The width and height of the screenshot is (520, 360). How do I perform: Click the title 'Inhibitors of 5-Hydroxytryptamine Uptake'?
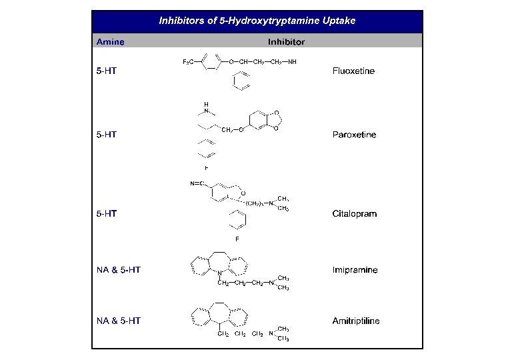pos(257,21)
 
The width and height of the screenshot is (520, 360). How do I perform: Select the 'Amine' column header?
pos(110,42)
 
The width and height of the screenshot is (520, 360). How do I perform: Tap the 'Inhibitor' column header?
pos(287,42)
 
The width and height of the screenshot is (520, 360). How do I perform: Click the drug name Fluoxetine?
pos(353,71)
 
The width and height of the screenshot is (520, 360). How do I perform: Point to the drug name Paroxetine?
pos(354,135)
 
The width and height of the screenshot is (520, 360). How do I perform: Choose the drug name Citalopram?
pos(354,214)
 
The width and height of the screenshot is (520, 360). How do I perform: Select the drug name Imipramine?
pos(355,270)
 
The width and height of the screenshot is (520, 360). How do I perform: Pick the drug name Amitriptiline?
pos(356,321)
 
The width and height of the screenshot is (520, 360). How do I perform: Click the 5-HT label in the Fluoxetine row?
pos(107,71)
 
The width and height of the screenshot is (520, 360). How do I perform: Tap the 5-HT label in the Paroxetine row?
pos(107,135)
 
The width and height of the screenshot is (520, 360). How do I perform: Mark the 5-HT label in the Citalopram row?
pos(107,214)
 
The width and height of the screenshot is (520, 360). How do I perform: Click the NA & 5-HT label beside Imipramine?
pos(118,270)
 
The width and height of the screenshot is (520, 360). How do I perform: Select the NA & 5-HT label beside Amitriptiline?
pos(118,321)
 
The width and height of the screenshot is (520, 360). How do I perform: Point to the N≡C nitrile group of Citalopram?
pos(197,183)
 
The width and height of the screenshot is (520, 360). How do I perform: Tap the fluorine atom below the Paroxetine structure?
pos(207,168)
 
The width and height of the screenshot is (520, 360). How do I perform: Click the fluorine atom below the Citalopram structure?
pos(237,238)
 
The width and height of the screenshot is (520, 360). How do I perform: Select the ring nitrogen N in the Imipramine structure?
pos(221,271)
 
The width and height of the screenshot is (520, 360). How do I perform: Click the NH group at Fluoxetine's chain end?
pos(292,62)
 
